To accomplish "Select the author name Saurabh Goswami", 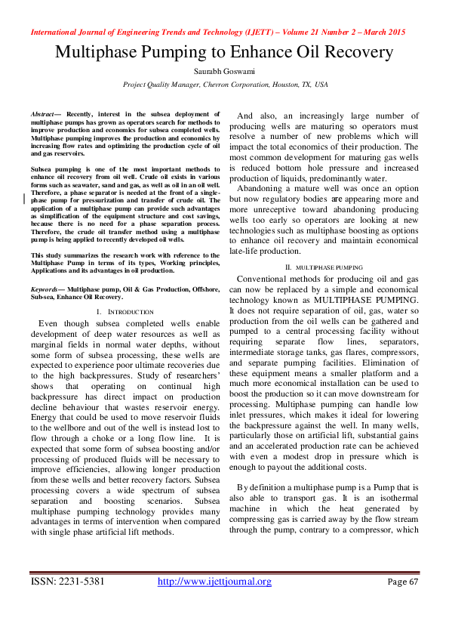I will (225, 71).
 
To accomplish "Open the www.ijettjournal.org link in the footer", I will (214, 582).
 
